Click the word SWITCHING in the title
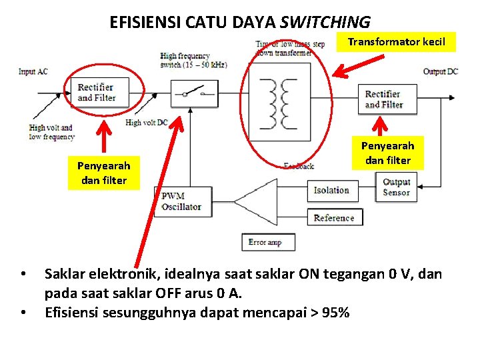coord(325,22)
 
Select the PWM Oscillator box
coord(181,201)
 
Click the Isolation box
coord(331,191)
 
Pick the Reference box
coord(334,218)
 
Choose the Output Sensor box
coord(396,187)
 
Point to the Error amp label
coord(265,242)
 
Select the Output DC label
coord(440,71)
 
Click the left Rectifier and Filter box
coord(96,92)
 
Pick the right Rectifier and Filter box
coord(384,99)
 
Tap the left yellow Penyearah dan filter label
coord(103,173)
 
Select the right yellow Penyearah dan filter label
coord(387,153)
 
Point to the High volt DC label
coord(147,123)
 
